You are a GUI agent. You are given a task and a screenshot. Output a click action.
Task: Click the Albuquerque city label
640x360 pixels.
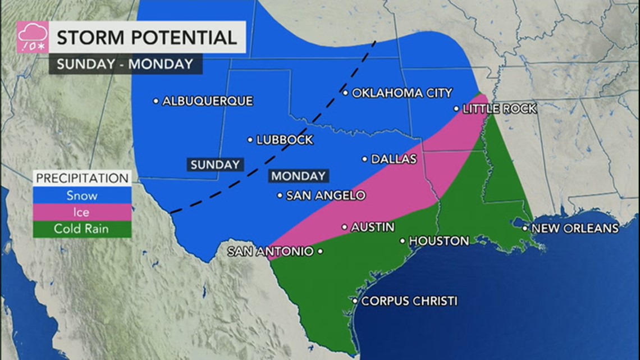click(207, 102)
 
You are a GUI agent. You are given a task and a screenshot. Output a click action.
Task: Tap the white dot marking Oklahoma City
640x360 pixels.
click(345, 93)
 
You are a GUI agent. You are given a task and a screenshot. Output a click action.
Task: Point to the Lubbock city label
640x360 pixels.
click(285, 140)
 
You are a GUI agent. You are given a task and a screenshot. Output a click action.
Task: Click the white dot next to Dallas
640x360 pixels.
click(364, 160)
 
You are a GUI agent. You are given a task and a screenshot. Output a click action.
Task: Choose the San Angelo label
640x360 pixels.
click(326, 196)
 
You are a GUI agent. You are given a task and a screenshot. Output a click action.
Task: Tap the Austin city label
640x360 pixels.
click(372, 227)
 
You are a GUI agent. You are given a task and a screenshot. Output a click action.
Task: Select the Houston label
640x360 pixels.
click(438, 241)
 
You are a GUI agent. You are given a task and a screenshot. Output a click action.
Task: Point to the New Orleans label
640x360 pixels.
click(574, 229)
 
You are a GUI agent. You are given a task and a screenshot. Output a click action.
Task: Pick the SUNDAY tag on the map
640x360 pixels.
click(215, 165)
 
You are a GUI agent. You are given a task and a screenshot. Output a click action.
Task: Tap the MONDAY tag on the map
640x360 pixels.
click(298, 176)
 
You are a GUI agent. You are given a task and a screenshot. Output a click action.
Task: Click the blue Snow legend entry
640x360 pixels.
click(82, 196)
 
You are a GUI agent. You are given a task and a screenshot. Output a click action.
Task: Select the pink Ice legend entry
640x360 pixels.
click(82, 212)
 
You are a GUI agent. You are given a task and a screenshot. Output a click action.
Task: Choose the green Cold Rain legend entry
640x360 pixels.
click(82, 229)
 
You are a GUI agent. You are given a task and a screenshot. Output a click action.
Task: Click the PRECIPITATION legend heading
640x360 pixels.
click(82, 179)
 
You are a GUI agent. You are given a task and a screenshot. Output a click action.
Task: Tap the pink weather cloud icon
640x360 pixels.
click(32, 37)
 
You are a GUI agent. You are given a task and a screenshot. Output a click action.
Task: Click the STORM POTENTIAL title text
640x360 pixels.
click(147, 38)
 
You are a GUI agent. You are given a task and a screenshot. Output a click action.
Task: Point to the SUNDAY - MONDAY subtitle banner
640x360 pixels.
click(125, 63)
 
